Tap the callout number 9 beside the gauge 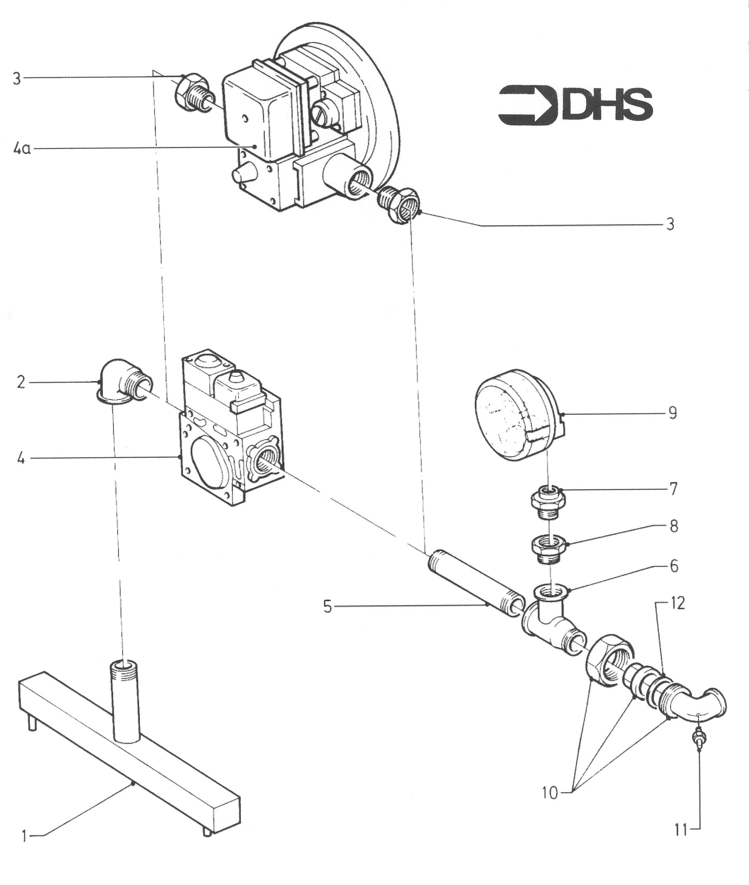coord(672,413)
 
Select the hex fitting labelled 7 coord(548,503)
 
